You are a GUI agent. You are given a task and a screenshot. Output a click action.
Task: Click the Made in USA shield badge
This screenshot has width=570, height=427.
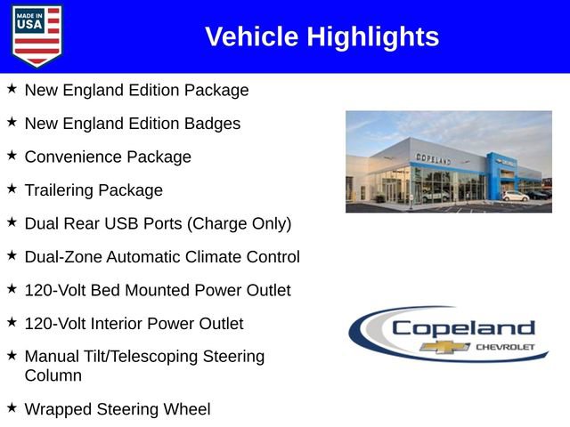[37, 36]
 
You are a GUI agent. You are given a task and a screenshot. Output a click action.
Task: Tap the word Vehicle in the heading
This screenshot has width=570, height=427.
[252, 37]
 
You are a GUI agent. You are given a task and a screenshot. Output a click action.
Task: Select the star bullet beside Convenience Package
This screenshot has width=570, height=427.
[12, 156]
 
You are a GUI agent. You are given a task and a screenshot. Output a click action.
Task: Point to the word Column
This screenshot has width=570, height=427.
[53, 375]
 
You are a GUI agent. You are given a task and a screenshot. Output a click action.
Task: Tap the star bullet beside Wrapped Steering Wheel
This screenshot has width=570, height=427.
[12, 407]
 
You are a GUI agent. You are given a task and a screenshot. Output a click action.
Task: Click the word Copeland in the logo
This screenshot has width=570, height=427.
[463, 327]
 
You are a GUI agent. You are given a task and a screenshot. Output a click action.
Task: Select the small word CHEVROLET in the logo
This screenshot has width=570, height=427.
[506, 346]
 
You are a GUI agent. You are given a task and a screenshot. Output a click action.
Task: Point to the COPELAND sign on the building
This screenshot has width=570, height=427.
[434, 158]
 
